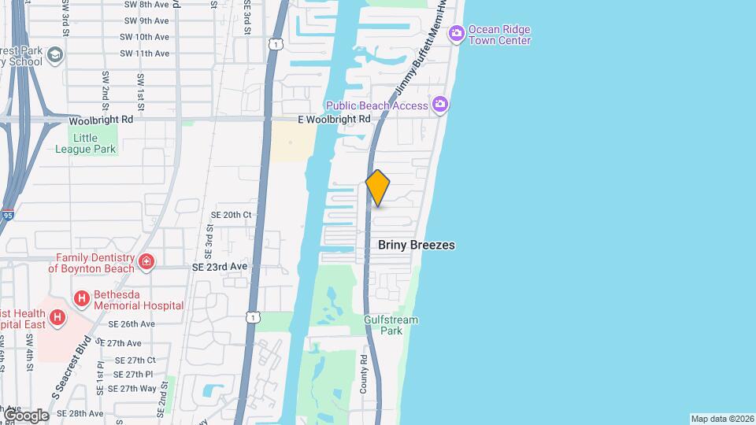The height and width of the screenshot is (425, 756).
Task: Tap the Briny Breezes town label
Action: (417, 245)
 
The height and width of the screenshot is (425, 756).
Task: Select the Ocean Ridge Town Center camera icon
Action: (457, 33)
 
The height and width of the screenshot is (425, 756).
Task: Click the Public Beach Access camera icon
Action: (440, 104)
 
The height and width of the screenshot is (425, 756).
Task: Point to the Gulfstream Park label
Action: (391, 325)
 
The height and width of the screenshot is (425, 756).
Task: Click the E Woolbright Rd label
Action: (334, 119)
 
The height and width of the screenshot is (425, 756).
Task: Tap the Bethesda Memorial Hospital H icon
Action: (80, 298)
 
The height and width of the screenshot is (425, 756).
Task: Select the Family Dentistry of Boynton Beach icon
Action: (146, 261)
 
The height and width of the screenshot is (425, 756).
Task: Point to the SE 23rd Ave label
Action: (220, 267)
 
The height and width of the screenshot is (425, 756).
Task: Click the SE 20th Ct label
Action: (231, 214)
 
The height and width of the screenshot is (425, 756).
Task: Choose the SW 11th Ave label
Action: (144, 54)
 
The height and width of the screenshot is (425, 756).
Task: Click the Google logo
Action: (25, 415)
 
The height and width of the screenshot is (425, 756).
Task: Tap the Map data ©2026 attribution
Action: (721, 419)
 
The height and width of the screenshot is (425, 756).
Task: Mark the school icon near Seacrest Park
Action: (54, 54)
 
